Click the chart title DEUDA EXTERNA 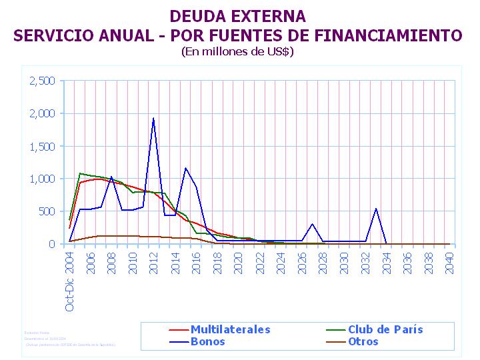237,16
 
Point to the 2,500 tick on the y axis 42,81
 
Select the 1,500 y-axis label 42,146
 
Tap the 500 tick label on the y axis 47,211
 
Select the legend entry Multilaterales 230,329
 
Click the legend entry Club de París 385,329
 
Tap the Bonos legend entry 207,341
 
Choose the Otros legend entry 363,341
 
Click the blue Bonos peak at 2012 154,119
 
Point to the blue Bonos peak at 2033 376,209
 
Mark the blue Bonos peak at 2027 313,224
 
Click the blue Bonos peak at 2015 185,168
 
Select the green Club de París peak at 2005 80,173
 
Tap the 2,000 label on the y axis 42,113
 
